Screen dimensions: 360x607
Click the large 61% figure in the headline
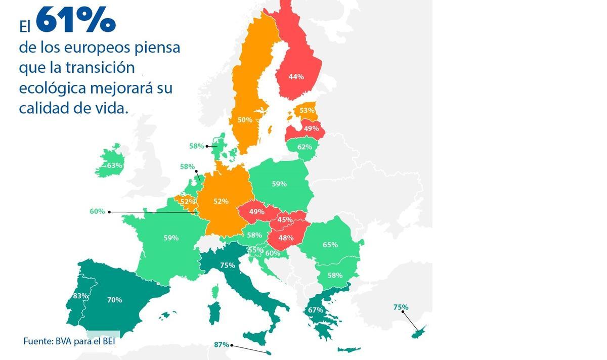point(76,20)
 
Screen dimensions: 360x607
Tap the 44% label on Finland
point(296,77)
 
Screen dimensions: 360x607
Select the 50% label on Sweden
point(245,120)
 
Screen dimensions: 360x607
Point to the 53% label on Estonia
point(307,110)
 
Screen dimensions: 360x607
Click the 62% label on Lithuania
point(305,147)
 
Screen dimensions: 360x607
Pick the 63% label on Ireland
point(114,165)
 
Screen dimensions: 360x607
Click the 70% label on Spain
point(114,300)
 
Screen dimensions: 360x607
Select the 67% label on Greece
point(315,310)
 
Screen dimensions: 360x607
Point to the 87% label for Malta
point(222,345)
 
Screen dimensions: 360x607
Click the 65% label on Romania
point(330,245)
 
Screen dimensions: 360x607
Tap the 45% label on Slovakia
point(285,220)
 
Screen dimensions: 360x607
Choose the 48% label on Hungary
point(286,238)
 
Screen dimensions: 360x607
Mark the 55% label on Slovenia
point(255,250)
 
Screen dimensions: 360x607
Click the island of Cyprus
point(419,332)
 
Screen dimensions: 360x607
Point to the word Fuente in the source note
point(37,341)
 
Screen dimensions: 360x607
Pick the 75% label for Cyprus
point(401,307)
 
